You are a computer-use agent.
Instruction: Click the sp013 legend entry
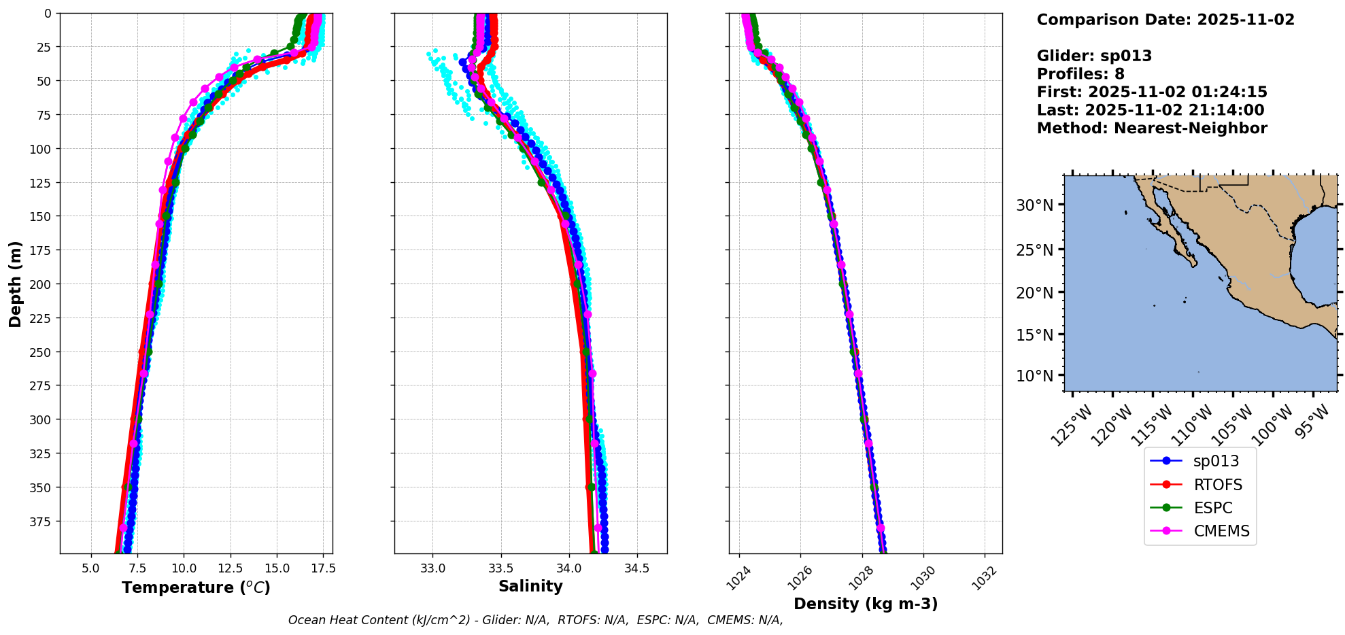click(x=1215, y=461)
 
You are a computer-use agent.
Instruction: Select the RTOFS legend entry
click(x=1217, y=485)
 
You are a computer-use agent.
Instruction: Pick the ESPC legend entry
click(x=1212, y=508)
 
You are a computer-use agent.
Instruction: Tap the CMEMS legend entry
click(x=1221, y=531)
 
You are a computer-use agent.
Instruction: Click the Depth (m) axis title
click(x=15, y=284)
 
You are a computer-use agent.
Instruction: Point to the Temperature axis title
click(x=196, y=587)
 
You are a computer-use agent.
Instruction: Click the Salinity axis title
click(x=530, y=586)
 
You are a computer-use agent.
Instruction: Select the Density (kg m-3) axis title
click(x=866, y=604)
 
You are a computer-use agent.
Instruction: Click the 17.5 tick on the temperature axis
click(x=323, y=568)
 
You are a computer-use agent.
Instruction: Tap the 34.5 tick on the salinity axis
click(x=636, y=568)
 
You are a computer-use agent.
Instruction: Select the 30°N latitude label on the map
click(x=1034, y=205)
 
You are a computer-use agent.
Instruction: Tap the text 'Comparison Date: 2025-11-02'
click(x=1165, y=20)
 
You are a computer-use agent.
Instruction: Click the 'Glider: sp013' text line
click(x=1094, y=56)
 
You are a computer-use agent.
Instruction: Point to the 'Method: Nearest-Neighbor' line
click(x=1152, y=128)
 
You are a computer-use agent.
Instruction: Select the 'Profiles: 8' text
click(x=1080, y=74)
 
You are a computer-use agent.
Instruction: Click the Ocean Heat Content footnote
click(x=535, y=620)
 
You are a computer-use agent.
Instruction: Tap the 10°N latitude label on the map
click(x=1034, y=376)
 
